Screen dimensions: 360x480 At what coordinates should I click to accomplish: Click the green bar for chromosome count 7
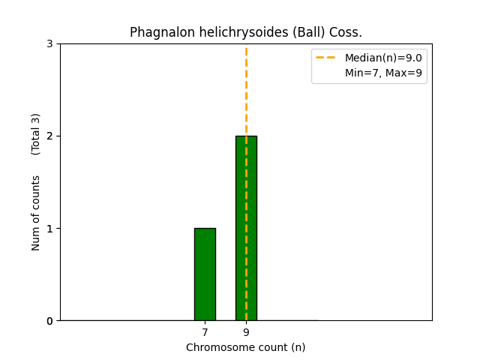[x=205, y=274]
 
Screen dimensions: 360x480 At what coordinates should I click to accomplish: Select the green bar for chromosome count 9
[x=246, y=228]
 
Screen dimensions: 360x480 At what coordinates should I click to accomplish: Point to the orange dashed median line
[x=246, y=90]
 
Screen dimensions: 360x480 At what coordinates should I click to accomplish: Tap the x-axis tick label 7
[x=205, y=331]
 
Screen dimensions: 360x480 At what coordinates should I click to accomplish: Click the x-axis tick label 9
[x=246, y=331]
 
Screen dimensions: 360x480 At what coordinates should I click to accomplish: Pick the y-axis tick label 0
[x=49, y=321]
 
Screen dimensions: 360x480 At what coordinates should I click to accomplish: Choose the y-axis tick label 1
[x=49, y=229]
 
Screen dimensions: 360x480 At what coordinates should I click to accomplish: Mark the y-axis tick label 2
[x=49, y=136]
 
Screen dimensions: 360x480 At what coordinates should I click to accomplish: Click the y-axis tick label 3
[x=49, y=44]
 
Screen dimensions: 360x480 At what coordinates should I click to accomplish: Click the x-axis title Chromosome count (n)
[x=246, y=347]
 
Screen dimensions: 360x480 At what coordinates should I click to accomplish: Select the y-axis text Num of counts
[x=36, y=213]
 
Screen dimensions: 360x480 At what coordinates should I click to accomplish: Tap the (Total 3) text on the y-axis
[x=36, y=134]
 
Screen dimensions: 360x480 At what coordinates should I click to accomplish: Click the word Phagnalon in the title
[x=157, y=32]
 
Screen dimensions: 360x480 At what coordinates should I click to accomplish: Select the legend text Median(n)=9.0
[x=382, y=58]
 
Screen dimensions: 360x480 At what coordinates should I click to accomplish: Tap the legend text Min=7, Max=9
[x=382, y=73]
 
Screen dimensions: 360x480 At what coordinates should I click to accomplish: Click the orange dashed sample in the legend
[x=327, y=58]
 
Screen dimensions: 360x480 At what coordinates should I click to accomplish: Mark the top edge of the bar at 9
[x=246, y=136]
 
